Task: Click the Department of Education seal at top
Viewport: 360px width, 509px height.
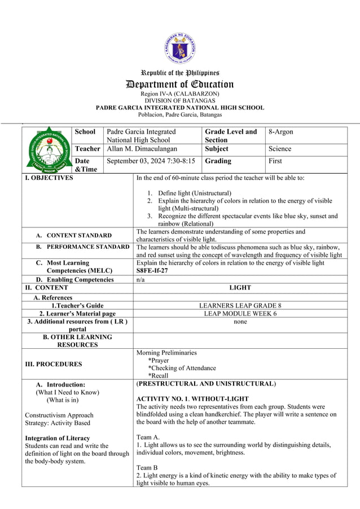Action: click(180, 49)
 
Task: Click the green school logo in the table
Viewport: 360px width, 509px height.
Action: click(48, 150)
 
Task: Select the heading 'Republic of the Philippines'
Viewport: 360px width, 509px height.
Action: click(180, 73)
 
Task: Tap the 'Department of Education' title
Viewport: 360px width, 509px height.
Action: click(180, 84)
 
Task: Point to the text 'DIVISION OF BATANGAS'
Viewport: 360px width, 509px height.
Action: click(180, 100)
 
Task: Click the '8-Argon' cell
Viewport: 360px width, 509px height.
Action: click(280, 132)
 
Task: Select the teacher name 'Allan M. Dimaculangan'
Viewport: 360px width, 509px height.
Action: click(142, 149)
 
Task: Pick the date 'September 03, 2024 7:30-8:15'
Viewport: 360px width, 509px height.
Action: click(151, 161)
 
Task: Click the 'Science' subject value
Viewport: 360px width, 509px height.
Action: click(280, 149)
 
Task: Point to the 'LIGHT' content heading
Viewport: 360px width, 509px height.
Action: click(240, 288)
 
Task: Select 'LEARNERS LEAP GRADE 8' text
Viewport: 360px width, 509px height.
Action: click(240, 306)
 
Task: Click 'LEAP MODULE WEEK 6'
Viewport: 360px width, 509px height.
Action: click(240, 314)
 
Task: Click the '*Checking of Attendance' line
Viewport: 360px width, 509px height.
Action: click(182, 368)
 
